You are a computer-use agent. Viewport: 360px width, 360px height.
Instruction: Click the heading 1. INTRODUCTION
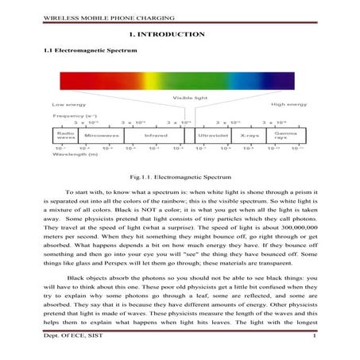(x=166, y=34)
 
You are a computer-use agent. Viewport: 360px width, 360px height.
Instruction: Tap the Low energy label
(x=68, y=104)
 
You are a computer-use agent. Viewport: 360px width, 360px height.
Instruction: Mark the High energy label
(x=288, y=104)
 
